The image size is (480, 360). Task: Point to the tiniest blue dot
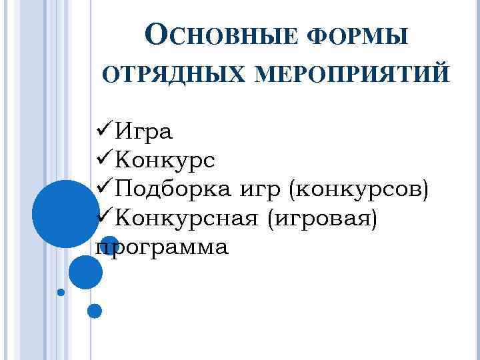pos(61,292)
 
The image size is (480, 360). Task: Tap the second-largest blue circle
pos(85,272)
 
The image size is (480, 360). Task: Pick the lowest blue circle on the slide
pos(94,311)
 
